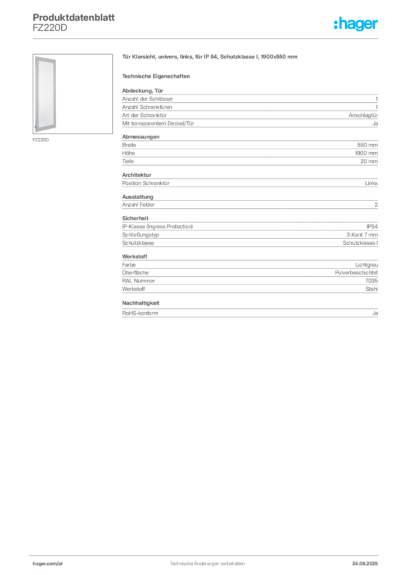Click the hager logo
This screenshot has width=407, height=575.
[356, 24]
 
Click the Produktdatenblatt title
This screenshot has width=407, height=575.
[74, 17]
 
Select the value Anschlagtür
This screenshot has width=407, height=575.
[363, 115]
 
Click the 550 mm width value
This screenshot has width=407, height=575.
[367, 145]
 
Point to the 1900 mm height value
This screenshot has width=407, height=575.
[366, 153]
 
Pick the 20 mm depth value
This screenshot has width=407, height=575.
[369, 161]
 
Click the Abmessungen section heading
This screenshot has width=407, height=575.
[141, 137]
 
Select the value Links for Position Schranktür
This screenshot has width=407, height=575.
[371, 183]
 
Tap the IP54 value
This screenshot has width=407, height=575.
[372, 227]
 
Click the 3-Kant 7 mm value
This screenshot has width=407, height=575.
[362, 235]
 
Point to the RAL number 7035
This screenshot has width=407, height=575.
[372, 281]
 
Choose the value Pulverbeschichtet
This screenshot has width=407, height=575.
[356, 272]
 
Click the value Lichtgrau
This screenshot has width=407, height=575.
[367, 264]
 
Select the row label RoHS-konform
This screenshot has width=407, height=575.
[140, 313]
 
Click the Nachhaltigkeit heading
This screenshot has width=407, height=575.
[141, 303]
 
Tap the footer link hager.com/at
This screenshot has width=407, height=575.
[48, 564]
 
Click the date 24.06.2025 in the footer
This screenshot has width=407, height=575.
[365, 564]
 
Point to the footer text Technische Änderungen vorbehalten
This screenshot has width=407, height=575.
[207, 564]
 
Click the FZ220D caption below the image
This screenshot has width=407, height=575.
[40, 140]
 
